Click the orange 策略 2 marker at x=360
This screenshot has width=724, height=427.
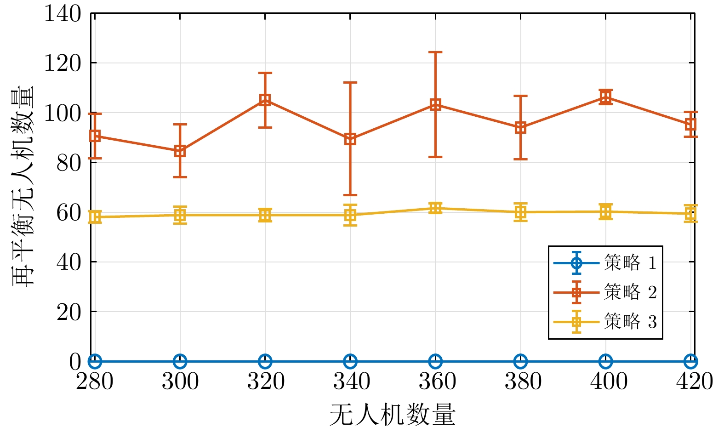pos(435,105)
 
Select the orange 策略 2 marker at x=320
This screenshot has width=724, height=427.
pos(265,100)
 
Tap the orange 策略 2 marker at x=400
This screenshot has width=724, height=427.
pos(605,97)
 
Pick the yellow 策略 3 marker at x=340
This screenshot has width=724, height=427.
pos(350,215)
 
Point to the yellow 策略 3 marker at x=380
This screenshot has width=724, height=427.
pos(520,212)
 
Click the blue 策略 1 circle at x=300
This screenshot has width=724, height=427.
pos(180,361)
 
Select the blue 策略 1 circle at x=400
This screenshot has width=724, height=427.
pos(605,361)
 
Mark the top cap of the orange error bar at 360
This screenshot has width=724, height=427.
pos(435,52)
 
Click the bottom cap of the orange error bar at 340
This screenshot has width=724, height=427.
pos(350,195)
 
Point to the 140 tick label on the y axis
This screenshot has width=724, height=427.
pos(63,14)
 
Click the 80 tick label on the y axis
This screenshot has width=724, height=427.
pos(69,163)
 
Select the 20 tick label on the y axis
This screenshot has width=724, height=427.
pos(69,312)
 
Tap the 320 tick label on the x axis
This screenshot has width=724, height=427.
pos(265,381)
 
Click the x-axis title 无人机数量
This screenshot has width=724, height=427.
pos(392,415)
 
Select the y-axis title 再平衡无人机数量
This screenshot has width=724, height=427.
pos(23,186)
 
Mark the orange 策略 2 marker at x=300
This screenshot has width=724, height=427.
pos(180,151)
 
